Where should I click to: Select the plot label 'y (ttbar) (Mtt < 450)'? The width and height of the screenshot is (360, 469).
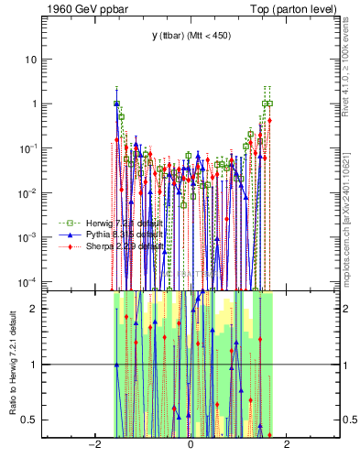(x=190, y=36)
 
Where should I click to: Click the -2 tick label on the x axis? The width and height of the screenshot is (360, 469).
(x=93, y=445)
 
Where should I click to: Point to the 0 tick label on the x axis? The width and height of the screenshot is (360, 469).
(x=190, y=445)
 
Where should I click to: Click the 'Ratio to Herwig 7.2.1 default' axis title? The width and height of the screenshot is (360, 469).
(x=12, y=363)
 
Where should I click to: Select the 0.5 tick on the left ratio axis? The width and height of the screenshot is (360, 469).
(x=30, y=420)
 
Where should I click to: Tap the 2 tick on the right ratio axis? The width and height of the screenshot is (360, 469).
(x=345, y=308)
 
